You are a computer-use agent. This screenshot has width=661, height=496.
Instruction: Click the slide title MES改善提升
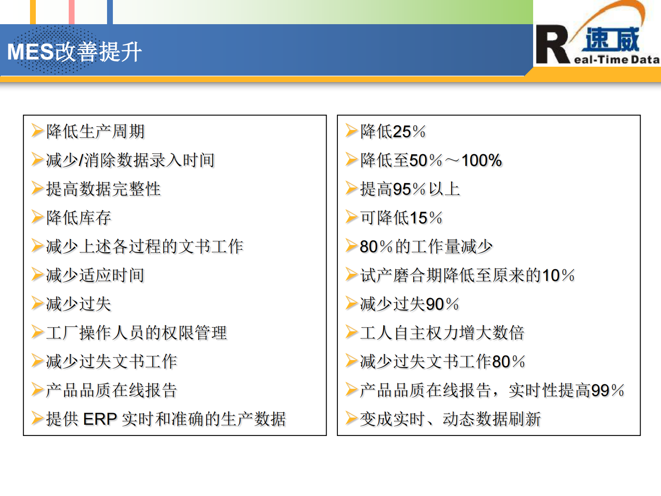click(x=75, y=52)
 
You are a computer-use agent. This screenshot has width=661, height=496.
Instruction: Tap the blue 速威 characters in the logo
click(x=612, y=39)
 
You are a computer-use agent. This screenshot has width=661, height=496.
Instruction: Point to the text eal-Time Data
click(x=616, y=60)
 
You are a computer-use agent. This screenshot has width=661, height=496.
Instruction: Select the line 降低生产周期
click(x=95, y=131)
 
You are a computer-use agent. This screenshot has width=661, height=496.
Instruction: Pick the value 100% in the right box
click(x=481, y=160)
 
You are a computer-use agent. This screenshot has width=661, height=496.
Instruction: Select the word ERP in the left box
click(x=100, y=419)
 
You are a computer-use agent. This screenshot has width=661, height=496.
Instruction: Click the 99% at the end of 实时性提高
click(x=607, y=391)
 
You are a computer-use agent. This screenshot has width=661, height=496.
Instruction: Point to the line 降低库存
click(x=79, y=218)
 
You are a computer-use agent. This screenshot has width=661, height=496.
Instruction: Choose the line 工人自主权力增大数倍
click(x=442, y=333)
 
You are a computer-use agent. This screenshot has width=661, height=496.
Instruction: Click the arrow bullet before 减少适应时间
click(x=37, y=275)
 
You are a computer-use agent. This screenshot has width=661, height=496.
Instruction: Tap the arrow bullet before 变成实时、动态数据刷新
click(x=352, y=418)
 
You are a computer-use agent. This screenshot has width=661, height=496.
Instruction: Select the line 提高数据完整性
click(x=103, y=189)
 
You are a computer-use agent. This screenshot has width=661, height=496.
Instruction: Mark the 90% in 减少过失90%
click(x=442, y=304)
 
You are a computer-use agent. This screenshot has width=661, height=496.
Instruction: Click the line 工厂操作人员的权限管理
click(x=136, y=333)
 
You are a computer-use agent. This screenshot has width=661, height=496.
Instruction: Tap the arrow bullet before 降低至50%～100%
click(x=352, y=160)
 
